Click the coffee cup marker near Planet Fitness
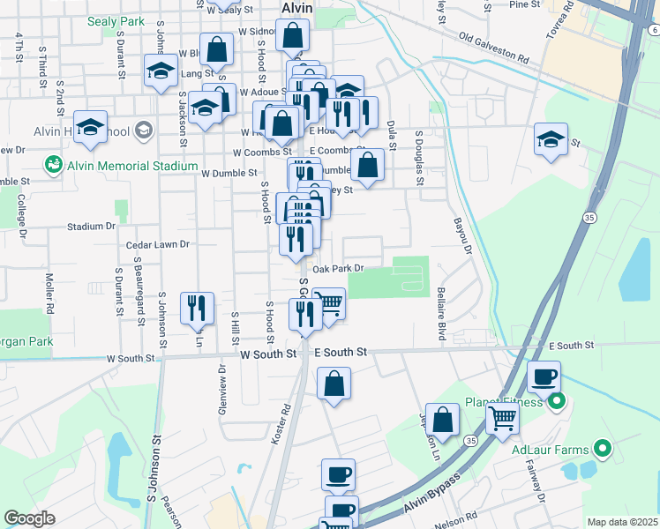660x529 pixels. coord(544,378)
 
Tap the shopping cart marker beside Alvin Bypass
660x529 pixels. coord(502,421)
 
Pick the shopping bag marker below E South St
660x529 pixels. coord(334,384)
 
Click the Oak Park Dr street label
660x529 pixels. coord(338,268)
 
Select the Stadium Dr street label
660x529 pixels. coord(92,227)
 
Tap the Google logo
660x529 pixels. coord(29,518)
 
